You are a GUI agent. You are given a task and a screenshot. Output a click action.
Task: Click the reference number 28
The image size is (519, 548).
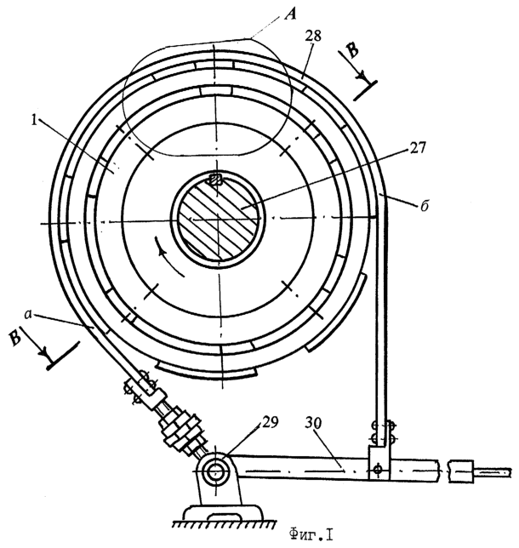point(313,36)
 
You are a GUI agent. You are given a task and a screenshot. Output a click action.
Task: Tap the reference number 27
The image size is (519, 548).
point(418,148)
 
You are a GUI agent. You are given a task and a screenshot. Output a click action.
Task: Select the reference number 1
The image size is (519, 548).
point(34,121)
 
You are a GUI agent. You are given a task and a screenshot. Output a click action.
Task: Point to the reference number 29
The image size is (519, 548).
point(269,422)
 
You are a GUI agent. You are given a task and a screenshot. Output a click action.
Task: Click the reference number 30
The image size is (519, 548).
point(314,423)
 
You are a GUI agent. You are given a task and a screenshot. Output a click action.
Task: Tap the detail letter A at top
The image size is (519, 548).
point(290,14)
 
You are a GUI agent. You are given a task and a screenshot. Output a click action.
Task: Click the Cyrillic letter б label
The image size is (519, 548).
point(425,205)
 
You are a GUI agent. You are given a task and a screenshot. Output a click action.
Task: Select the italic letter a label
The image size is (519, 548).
point(29,314)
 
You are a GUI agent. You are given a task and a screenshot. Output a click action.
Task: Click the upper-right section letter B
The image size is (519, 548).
point(352,50)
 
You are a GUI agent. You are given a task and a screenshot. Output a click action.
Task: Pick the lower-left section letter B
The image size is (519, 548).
point(14,338)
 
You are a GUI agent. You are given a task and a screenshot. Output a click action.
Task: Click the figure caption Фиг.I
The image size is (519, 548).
point(311,534)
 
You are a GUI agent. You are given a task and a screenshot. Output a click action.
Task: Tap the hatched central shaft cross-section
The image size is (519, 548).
point(218,219)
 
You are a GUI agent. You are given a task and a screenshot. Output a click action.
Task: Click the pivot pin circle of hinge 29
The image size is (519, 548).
point(214,471)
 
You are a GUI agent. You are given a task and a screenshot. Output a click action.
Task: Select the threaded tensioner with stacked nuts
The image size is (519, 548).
point(181,429)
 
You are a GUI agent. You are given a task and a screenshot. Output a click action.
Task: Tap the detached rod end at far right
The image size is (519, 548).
point(479,472)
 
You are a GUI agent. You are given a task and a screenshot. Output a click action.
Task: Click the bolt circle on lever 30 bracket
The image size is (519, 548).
point(377,469)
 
